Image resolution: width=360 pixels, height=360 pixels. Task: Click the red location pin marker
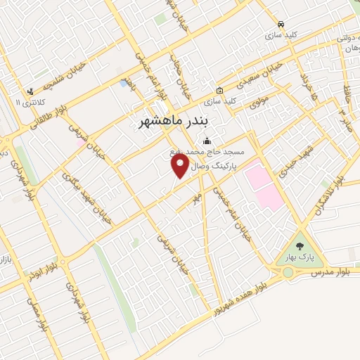[181, 165]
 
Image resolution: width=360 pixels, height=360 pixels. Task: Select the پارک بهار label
[297, 258]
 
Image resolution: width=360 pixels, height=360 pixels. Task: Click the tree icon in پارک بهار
[300, 246]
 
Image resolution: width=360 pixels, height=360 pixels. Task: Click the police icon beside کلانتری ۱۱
[30, 91]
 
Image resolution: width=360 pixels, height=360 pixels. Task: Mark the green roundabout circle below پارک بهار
[287, 272]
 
